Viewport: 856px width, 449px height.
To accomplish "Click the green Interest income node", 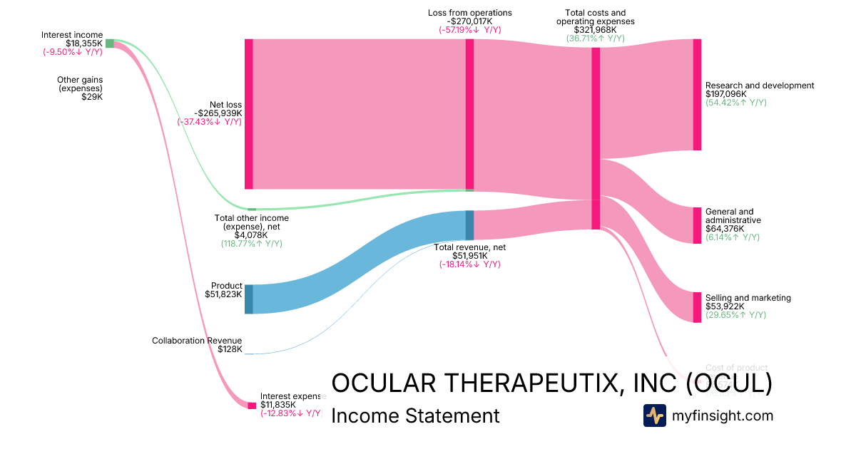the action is (110, 43).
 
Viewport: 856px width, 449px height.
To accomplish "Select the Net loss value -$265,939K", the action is (218, 113).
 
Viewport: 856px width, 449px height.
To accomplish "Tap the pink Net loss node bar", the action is (249, 114).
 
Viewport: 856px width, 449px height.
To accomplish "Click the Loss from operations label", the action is (469, 13).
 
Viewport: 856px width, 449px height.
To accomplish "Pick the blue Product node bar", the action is (249, 299).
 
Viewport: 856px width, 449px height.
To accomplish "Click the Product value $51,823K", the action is (223, 294).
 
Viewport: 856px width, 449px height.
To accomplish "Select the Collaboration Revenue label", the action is (197, 341).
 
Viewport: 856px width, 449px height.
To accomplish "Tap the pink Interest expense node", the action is (252, 406).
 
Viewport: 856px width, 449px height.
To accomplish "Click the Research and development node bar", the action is (697, 95).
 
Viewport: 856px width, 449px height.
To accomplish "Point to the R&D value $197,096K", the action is (725, 94).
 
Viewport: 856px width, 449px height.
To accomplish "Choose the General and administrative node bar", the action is (697, 225).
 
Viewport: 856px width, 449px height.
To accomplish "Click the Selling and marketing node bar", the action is (697, 307).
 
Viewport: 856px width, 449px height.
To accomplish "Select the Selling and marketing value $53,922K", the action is (725, 306).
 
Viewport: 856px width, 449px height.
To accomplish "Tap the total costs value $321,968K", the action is (595, 30).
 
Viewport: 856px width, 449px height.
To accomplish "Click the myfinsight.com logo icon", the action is (654, 416).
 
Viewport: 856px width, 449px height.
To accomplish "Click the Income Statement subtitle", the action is (415, 416).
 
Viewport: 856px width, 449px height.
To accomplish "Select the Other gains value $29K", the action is (92, 97).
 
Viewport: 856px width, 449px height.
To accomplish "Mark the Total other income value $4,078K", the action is (251, 234).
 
